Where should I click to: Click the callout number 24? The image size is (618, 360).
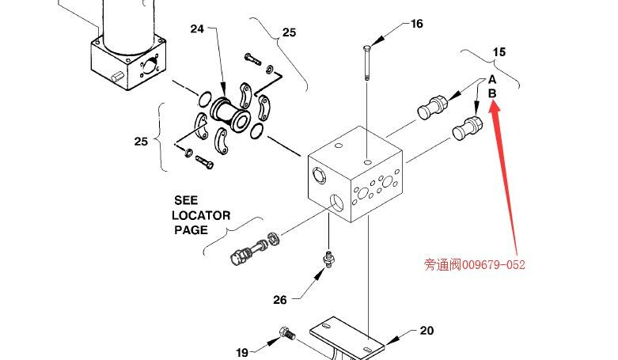coord(197,29)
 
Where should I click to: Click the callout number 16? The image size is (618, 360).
coord(416,24)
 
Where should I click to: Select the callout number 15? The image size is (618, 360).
coord(499,52)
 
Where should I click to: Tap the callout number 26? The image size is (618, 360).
coord(279,300)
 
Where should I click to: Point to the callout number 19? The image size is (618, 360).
coord(243,352)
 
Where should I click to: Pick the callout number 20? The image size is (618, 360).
coord(427,331)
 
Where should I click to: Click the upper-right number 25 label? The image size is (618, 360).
coord(289,32)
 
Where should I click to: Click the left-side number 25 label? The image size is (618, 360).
coord(141,142)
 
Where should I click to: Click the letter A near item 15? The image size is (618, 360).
coord(491,79)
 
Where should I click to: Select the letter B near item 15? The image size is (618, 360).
coord(491,93)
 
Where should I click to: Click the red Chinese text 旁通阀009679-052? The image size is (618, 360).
coord(474,264)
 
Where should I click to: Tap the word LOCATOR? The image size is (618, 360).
coord(201,215)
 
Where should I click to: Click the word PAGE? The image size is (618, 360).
coord(191,230)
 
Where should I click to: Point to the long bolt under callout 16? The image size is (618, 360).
coord(367,63)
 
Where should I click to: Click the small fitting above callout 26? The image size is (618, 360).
coord(325,258)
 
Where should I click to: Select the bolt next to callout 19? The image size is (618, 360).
coord(287,335)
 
